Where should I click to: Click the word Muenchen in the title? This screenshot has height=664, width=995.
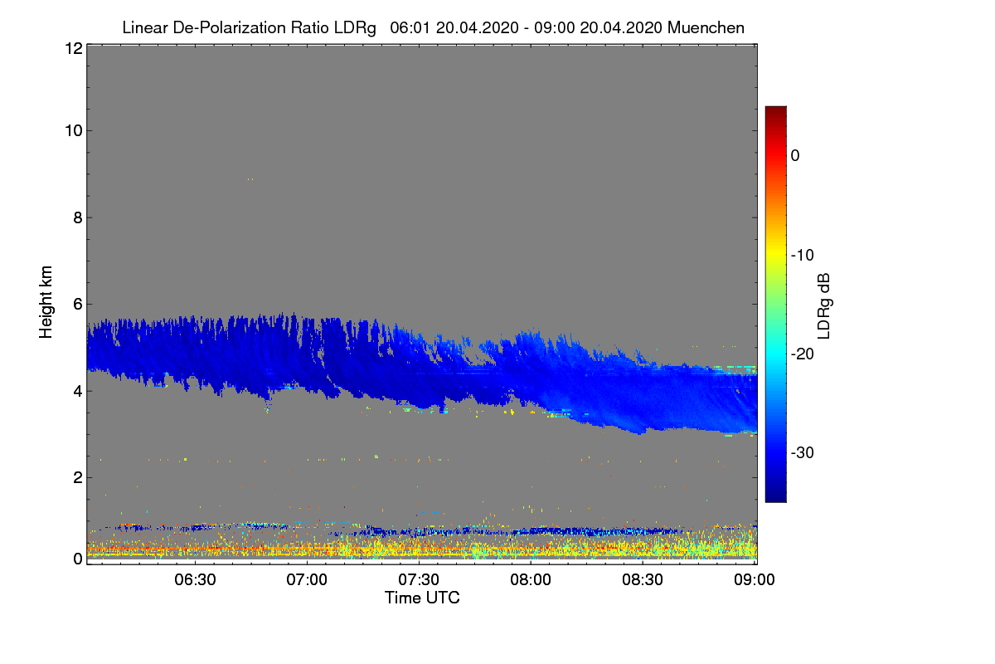pyautogui.click(x=706, y=27)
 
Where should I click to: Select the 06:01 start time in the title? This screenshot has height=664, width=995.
pyautogui.click(x=407, y=27)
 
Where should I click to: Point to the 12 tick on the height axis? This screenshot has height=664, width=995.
pyautogui.click(x=72, y=48)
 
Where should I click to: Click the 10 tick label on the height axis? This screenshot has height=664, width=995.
pyautogui.click(x=72, y=130)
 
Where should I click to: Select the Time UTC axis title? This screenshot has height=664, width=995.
pyautogui.click(x=421, y=598)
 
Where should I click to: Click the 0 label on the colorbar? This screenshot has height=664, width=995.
pyautogui.click(x=794, y=156)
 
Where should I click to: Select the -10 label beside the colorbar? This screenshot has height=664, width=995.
pyautogui.click(x=802, y=255)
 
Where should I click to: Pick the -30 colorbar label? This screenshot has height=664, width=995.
pyautogui.click(x=802, y=452)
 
